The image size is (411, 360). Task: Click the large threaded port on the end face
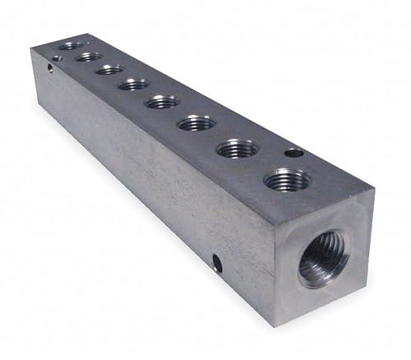(322, 257)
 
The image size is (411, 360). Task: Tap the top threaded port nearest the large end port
(287, 179)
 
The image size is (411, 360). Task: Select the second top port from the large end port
(238, 149)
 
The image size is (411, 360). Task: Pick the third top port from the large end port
(196, 123)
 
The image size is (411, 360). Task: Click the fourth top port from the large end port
(162, 102)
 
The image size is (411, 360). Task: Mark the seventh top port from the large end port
(89, 57)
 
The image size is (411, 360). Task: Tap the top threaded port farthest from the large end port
(71, 46)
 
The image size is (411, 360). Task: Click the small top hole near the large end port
(293, 152)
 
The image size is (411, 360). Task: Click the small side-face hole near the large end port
(217, 263)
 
